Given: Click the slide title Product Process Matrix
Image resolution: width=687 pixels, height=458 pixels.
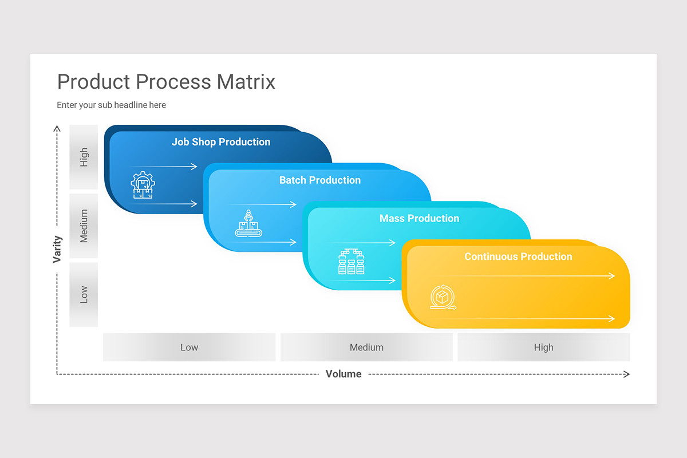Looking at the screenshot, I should (x=166, y=82).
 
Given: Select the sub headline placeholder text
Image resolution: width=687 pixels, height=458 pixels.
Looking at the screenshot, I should (x=111, y=105).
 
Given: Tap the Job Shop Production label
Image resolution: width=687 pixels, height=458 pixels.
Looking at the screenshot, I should (x=221, y=142).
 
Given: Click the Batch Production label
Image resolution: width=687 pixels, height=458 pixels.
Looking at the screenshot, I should (x=320, y=180).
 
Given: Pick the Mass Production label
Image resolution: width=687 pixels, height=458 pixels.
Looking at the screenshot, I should (x=419, y=218).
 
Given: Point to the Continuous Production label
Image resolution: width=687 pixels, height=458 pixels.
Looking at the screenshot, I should (x=518, y=256).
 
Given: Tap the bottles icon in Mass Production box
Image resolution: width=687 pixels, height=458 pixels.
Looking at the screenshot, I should (x=351, y=262).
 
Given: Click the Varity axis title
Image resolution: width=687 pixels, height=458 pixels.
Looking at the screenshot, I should (x=57, y=249).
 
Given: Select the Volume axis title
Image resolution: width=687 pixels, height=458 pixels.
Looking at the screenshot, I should (x=343, y=374).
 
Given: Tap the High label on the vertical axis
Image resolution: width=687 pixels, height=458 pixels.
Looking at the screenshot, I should (x=84, y=157).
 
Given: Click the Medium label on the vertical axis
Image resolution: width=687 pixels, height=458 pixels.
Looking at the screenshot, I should (x=84, y=226).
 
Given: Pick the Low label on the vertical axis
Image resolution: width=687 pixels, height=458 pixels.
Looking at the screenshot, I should (x=84, y=294).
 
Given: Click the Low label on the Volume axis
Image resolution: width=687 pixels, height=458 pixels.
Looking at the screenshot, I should (x=189, y=347).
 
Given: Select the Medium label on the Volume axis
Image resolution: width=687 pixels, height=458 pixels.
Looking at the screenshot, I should (x=366, y=347).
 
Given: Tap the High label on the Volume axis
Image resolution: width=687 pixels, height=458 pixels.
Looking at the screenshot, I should (x=543, y=347).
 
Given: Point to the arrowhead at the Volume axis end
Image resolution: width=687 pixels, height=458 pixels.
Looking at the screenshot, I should (x=627, y=374).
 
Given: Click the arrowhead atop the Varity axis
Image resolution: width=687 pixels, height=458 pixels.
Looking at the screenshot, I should (x=57, y=128).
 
